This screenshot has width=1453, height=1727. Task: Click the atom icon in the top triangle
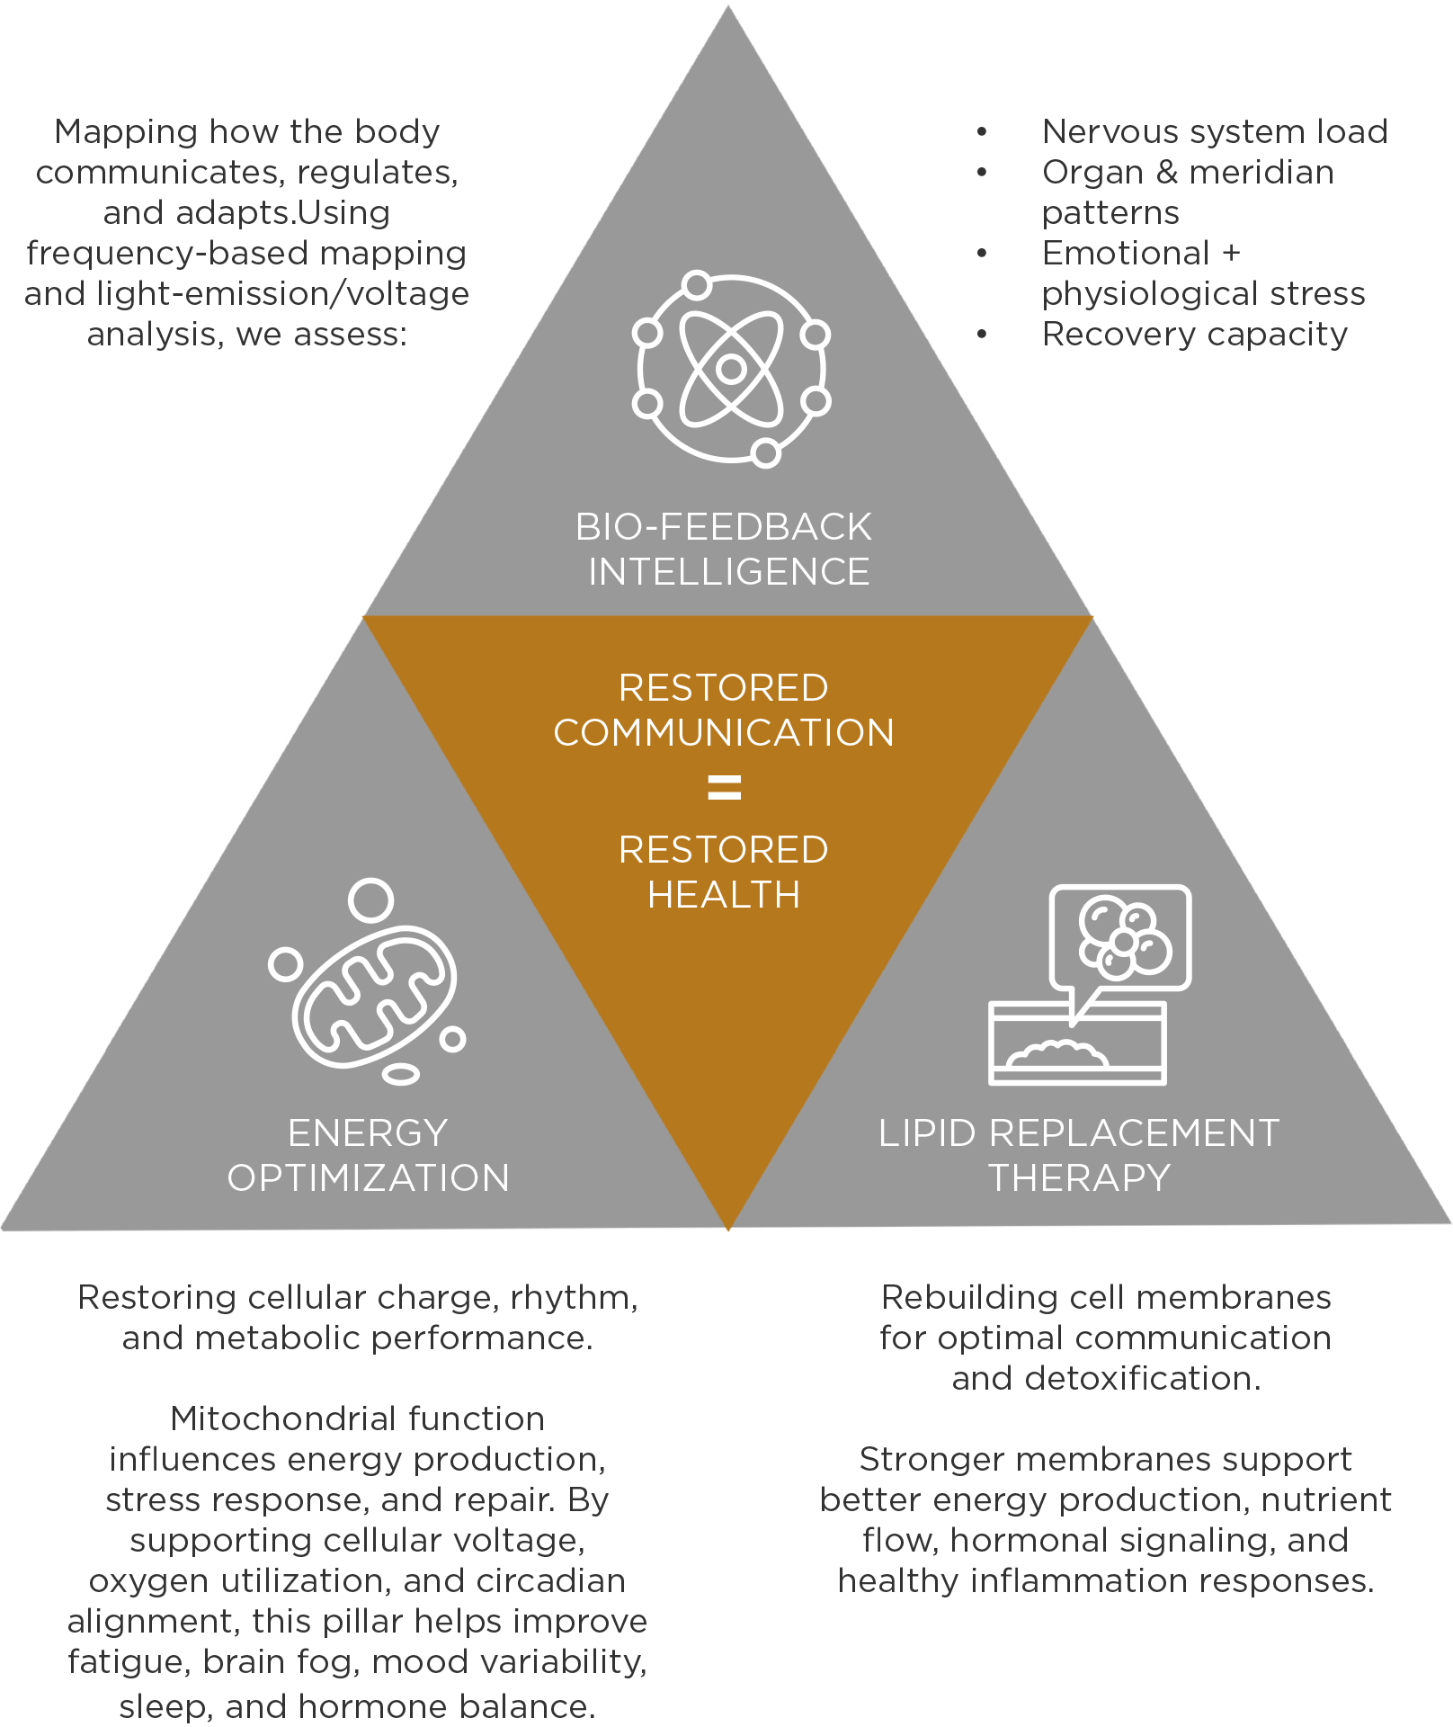731,368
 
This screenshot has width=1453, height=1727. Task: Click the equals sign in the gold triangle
724,788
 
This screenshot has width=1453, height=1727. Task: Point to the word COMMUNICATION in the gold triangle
724,733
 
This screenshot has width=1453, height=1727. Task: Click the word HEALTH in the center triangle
724,895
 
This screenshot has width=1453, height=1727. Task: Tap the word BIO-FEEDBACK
724,527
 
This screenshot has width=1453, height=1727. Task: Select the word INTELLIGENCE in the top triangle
729,572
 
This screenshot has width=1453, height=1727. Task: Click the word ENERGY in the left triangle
368,1133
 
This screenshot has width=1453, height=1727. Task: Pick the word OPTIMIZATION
368,1178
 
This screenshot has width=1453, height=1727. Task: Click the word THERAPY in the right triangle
1079,1178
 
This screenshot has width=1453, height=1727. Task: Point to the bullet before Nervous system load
982,132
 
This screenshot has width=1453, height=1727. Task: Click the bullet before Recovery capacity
982,335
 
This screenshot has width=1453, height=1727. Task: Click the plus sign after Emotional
1231,254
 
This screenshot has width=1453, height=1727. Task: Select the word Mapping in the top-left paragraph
125,132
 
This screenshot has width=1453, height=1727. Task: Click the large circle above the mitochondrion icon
370,900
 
